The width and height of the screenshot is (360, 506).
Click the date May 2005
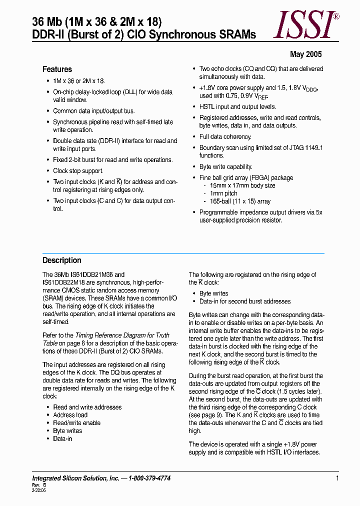click(306, 54)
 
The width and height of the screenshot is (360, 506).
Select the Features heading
click(57, 69)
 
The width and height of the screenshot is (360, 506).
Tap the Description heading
click(61, 260)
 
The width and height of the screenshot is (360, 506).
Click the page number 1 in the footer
click(337, 478)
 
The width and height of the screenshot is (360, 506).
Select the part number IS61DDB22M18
click(64, 282)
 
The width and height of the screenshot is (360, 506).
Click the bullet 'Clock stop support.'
click(78, 171)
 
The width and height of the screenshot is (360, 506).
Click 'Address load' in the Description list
click(70, 415)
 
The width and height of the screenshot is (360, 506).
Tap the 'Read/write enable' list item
click(76, 423)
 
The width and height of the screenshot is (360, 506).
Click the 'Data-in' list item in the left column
click(62, 438)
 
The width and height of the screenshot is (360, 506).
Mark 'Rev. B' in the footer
click(39, 485)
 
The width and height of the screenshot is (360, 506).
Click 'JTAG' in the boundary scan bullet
click(290, 147)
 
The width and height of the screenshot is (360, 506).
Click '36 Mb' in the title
click(45, 21)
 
